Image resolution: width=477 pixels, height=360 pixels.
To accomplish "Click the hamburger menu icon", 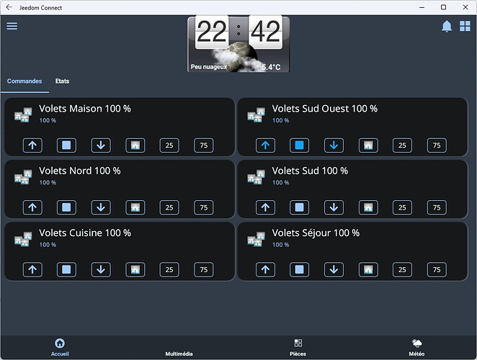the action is [x=12, y=26].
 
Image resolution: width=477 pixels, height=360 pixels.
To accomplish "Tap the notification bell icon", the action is [x=447, y=26].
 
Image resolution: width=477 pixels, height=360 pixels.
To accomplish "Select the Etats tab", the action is [x=63, y=81].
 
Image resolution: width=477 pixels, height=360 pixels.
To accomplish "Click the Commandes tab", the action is [x=24, y=81].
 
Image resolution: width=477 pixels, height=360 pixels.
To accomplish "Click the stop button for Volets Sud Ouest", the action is [x=299, y=145].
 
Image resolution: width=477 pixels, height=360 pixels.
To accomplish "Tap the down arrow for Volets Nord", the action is [x=101, y=207].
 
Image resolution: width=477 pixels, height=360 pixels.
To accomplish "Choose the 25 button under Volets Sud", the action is [x=402, y=207].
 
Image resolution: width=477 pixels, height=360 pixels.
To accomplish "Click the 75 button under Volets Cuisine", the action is [x=204, y=269].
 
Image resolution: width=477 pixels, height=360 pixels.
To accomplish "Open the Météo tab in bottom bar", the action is [x=416, y=347].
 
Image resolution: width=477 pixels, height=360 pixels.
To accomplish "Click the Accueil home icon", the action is [x=60, y=343].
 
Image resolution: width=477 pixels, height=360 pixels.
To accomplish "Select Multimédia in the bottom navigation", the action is [x=179, y=354].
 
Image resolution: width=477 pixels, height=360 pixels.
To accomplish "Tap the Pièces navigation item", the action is [x=298, y=347].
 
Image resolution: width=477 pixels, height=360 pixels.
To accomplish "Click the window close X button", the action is [x=465, y=7].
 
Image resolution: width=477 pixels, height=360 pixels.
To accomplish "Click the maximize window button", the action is [x=444, y=7].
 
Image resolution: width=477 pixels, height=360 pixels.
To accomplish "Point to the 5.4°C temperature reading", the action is [x=271, y=67].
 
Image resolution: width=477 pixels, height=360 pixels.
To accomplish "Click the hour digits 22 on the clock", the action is [x=212, y=32].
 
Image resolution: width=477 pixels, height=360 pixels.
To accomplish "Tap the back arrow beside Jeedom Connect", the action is [x=9, y=7].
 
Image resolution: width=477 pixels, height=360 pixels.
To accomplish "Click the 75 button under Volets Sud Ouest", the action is [x=437, y=145].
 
